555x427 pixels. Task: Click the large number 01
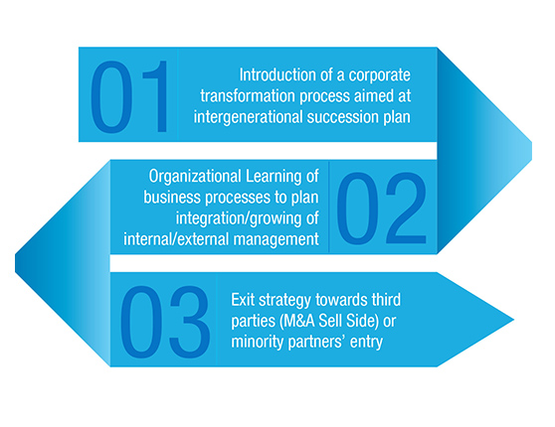pos(129,96)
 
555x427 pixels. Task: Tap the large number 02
pos(382,209)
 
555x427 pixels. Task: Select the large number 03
pos(165,322)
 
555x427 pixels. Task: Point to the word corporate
pos(379,75)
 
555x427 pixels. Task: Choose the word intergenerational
pos(249,117)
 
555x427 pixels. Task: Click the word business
pos(172,198)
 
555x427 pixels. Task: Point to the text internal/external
pos(176,239)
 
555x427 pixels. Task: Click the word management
pos(277,240)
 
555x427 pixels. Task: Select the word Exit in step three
pos(243,300)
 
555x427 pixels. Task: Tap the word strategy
pos(284,301)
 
